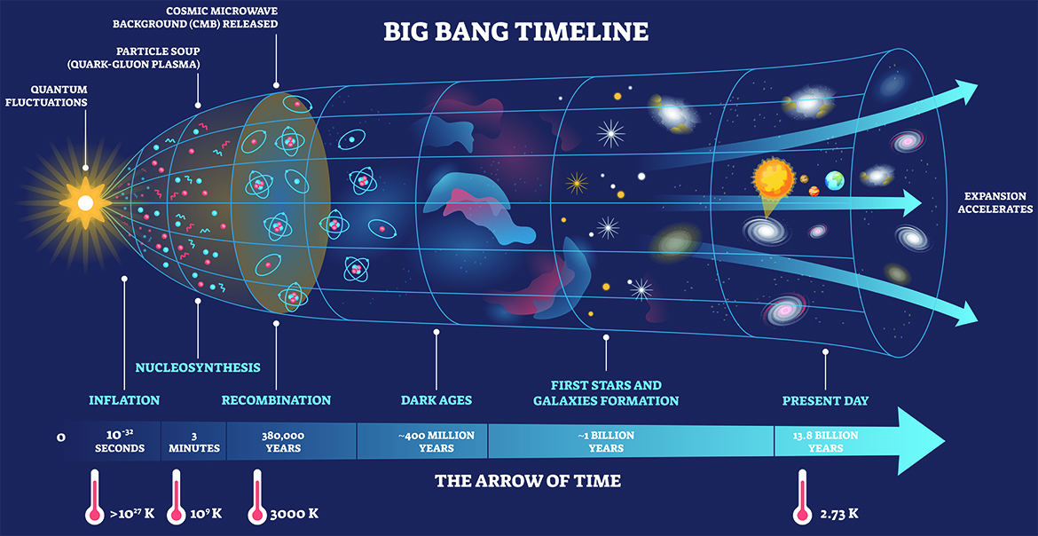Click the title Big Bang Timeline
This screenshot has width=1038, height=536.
click(x=515, y=33)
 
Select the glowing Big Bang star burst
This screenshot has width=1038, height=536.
click(x=85, y=203)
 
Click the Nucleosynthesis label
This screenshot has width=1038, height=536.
click(x=197, y=367)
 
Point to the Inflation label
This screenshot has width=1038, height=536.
click(x=124, y=400)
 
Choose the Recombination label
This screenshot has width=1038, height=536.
click(x=276, y=400)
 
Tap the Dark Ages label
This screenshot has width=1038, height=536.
click(x=436, y=400)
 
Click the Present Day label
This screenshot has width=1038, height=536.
click(x=825, y=400)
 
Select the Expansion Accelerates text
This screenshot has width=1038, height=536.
click(x=995, y=202)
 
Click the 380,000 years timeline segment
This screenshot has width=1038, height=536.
click(x=283, y=441)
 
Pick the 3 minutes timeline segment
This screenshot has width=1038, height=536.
click(x=194, y=441)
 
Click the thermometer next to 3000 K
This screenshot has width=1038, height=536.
click(x=258, y=497)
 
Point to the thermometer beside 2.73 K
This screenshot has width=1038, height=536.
click(x=802, y=497)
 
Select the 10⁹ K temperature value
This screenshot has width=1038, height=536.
click(x=205, y=514)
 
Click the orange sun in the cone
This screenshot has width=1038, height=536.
click(x=773, y=178)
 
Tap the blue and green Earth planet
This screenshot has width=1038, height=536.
click(x=835, y=180)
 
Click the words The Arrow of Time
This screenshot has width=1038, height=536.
click(x=527, y=481)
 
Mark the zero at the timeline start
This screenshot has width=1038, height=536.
click(x=60, y=437)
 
